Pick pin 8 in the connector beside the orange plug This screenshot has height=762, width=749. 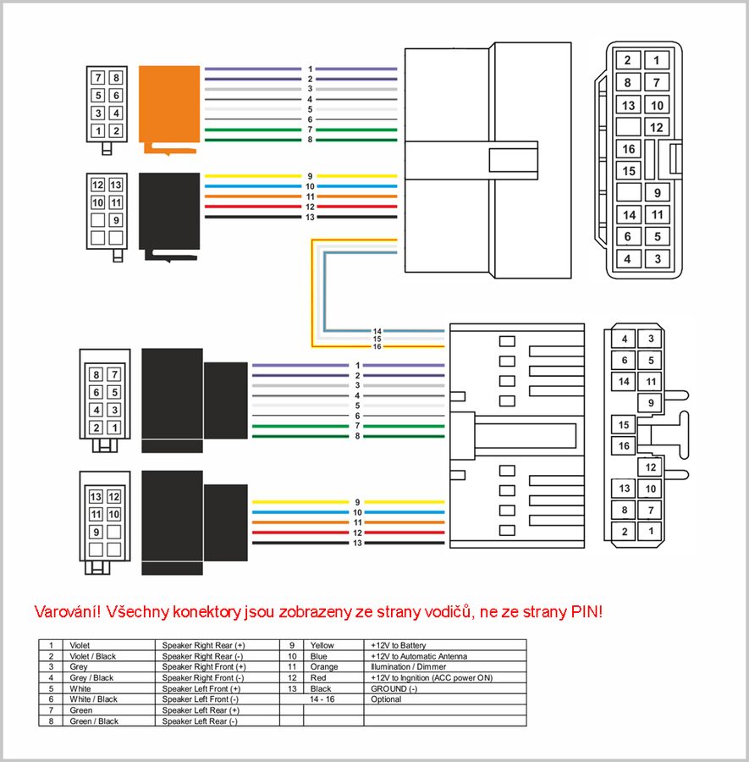[116, 78]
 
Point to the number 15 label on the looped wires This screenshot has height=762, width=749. [377, 339]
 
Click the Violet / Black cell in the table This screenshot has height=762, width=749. [93, 656]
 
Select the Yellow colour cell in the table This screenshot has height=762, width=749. [323, 645]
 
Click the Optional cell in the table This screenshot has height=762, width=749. [386, 699]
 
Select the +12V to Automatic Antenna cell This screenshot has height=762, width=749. [419, 656]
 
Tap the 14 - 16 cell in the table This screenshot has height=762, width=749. [322, 699]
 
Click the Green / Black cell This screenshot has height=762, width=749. [94, 721]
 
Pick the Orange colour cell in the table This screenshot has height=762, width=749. [325, 667]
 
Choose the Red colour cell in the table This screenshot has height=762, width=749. [320, 677]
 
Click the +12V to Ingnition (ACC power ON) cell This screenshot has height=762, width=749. [432, 677]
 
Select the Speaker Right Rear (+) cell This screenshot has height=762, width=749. [203, 645]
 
